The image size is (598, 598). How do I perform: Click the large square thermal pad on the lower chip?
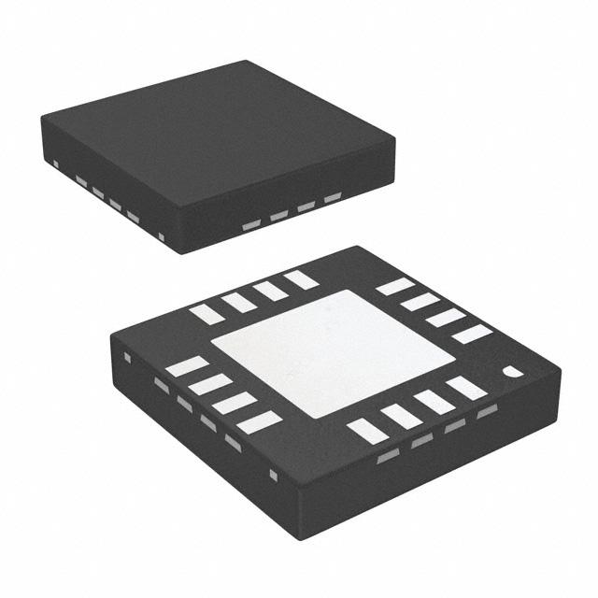333,353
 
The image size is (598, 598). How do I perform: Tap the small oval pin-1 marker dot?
513,372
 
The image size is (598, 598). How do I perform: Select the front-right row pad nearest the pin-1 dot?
466,388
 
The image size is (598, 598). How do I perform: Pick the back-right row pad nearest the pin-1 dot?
472,334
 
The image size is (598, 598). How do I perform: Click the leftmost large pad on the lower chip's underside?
187,366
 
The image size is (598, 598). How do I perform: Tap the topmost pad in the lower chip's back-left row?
301,278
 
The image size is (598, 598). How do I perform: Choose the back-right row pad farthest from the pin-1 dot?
394,286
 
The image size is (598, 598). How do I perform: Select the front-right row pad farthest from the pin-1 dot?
367,431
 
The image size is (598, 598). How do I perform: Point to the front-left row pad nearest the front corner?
259,422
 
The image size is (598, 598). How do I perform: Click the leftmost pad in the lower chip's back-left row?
207,314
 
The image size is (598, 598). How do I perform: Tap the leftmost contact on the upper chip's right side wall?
251,225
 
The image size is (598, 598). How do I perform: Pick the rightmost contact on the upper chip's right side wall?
333,198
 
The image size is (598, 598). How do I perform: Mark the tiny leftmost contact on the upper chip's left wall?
56,165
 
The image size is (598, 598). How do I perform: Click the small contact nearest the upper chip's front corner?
161,237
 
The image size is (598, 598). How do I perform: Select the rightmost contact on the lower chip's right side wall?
487,411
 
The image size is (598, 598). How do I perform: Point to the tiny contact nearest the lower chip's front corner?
273,476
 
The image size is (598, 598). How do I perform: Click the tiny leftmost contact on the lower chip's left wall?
128,356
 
